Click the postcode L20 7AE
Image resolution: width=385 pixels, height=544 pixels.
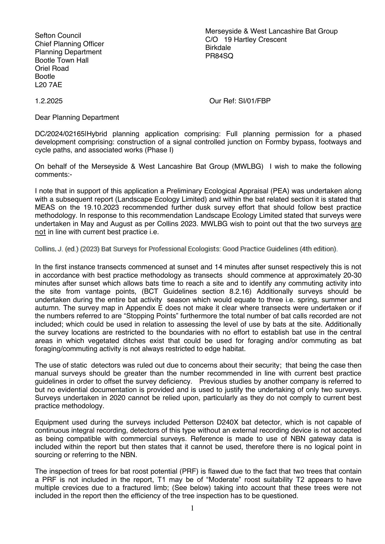tap(48, 85)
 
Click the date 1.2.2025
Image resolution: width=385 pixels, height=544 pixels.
tap(49, 101)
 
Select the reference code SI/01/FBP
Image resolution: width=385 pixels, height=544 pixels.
tap(254, 101)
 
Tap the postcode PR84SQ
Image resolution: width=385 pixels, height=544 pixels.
tap(219, 56)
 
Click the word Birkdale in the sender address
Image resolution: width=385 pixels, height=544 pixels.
tap(218, 47)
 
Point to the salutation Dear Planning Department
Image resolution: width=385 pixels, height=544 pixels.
tap(77, 117)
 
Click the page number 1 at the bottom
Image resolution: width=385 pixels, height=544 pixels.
tap(192, 508)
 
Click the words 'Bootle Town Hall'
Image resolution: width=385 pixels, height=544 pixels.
tap(62, 60)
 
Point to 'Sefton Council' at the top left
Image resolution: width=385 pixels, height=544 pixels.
tap(58, 35)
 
